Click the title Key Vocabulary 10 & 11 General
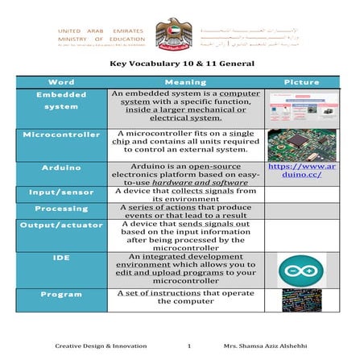pos(181,64)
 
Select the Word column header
pos(62,82)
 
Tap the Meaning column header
pos(185,82)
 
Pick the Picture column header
pos(303,82)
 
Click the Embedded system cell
pos(62,101)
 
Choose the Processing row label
pos(62,208)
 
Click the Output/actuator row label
pos(62,225)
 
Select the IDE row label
pos(62,259)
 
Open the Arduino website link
pos(303,173)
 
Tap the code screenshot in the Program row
pos(303,300)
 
